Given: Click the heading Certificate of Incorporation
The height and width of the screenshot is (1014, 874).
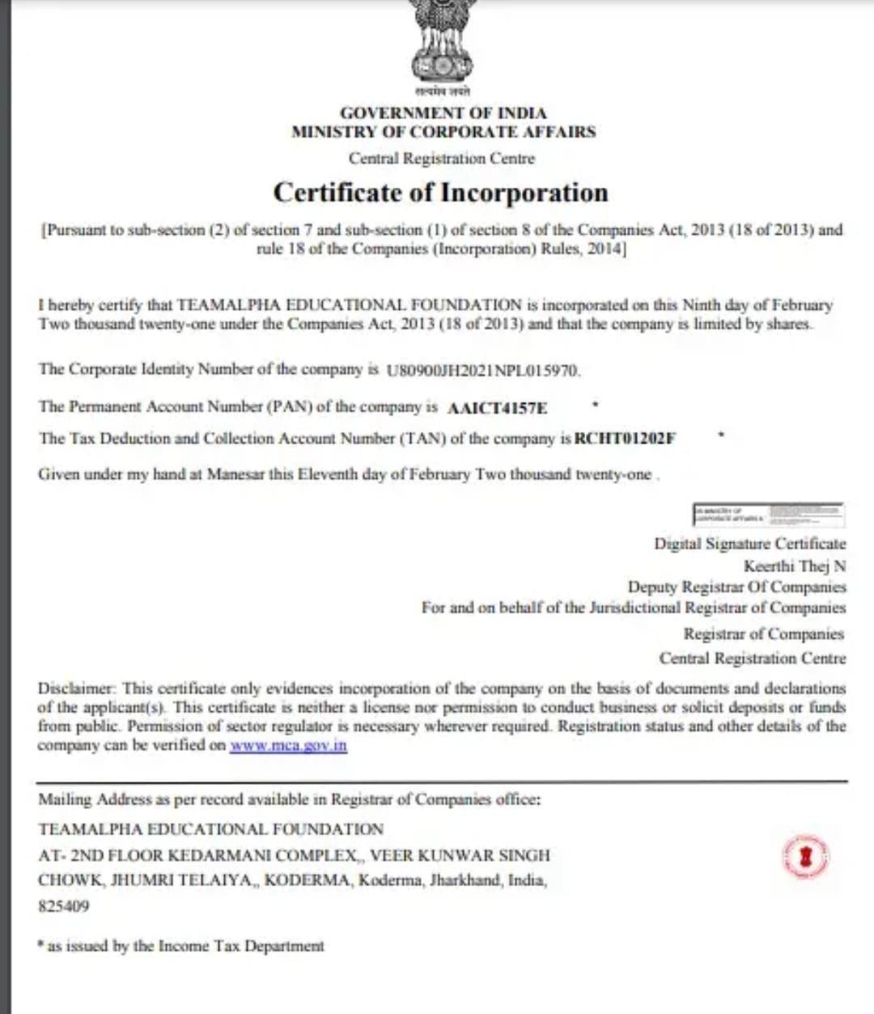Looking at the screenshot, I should tap(440, 193).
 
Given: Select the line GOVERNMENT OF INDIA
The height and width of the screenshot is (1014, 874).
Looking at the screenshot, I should tap(443, 112).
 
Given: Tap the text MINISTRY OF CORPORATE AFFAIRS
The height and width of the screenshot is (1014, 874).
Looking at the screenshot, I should tap(443, 131).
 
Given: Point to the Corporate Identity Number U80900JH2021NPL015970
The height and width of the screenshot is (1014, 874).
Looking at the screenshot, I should tap(482, 371).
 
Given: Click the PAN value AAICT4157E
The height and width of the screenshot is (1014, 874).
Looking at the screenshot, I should tap(497, 408).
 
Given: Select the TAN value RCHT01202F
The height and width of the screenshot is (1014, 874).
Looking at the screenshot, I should tap(625, 439).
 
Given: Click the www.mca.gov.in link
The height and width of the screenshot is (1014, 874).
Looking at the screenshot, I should tap(288, 745).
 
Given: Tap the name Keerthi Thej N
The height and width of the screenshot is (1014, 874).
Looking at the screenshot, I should tap(795, 566).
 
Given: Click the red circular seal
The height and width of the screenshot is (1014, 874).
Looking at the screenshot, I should tap(806, 857).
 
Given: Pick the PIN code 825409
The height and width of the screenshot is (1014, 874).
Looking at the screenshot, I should tap(63, 906).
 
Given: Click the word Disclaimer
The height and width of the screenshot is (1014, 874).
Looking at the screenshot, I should tap(77, 689).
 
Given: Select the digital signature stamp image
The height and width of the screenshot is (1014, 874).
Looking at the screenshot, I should tap(767, 514).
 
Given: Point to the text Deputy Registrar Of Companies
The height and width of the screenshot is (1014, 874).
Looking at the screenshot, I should tap(736, 587).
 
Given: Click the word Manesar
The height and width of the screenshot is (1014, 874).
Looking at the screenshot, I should tap(235, 474).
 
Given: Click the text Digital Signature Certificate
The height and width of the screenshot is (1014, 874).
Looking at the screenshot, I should tap(749, 544).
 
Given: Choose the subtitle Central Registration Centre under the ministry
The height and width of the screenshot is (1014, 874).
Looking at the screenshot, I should tap(442, 159).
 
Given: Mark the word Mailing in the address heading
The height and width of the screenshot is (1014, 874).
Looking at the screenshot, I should tap(65, 800).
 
